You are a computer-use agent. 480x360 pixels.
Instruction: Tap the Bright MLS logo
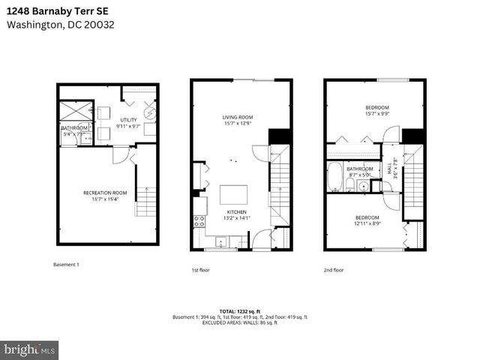tap(30, 349)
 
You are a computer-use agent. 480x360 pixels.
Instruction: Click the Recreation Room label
tap(105, 193)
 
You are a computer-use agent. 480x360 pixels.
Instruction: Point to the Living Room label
tap(237, 117)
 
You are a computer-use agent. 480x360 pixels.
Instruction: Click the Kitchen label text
tap(237, 212)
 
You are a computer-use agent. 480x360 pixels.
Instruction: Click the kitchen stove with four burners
tap(200, 221)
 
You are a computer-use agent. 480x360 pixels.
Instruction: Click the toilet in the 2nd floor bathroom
tap(362, 186)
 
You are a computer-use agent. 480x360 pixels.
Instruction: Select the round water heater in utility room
tap(150, 113)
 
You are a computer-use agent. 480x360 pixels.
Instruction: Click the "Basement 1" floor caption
tap(66, 264)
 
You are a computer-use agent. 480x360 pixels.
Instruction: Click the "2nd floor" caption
tap(333, 269)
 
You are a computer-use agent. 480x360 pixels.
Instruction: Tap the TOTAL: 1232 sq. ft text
tap(240, 310)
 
